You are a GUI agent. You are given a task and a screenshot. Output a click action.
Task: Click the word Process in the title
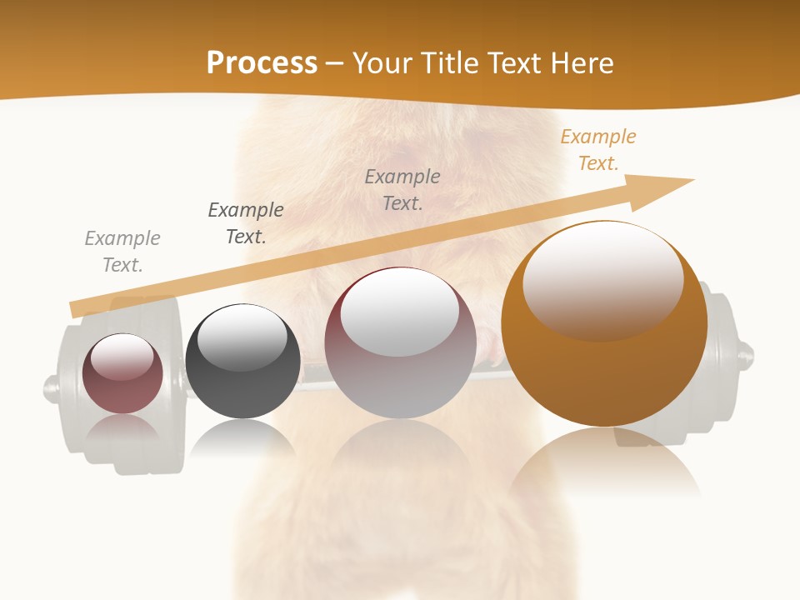coord(262,63)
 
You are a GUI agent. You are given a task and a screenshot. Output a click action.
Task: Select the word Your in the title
coord(381,63)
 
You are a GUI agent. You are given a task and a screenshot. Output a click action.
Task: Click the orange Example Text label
coord(597,150)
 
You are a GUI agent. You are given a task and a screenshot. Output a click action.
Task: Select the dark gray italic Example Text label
coord(246,223)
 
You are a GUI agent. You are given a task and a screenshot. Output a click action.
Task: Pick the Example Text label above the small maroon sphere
coord(122,252)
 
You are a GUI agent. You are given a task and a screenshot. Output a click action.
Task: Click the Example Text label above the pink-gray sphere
coord(402,189)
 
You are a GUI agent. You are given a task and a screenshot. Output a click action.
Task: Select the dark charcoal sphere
coord(242,392)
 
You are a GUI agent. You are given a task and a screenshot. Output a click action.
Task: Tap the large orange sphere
coord(604,367)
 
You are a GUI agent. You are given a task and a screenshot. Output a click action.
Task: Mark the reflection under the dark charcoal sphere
coord(242,437)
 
